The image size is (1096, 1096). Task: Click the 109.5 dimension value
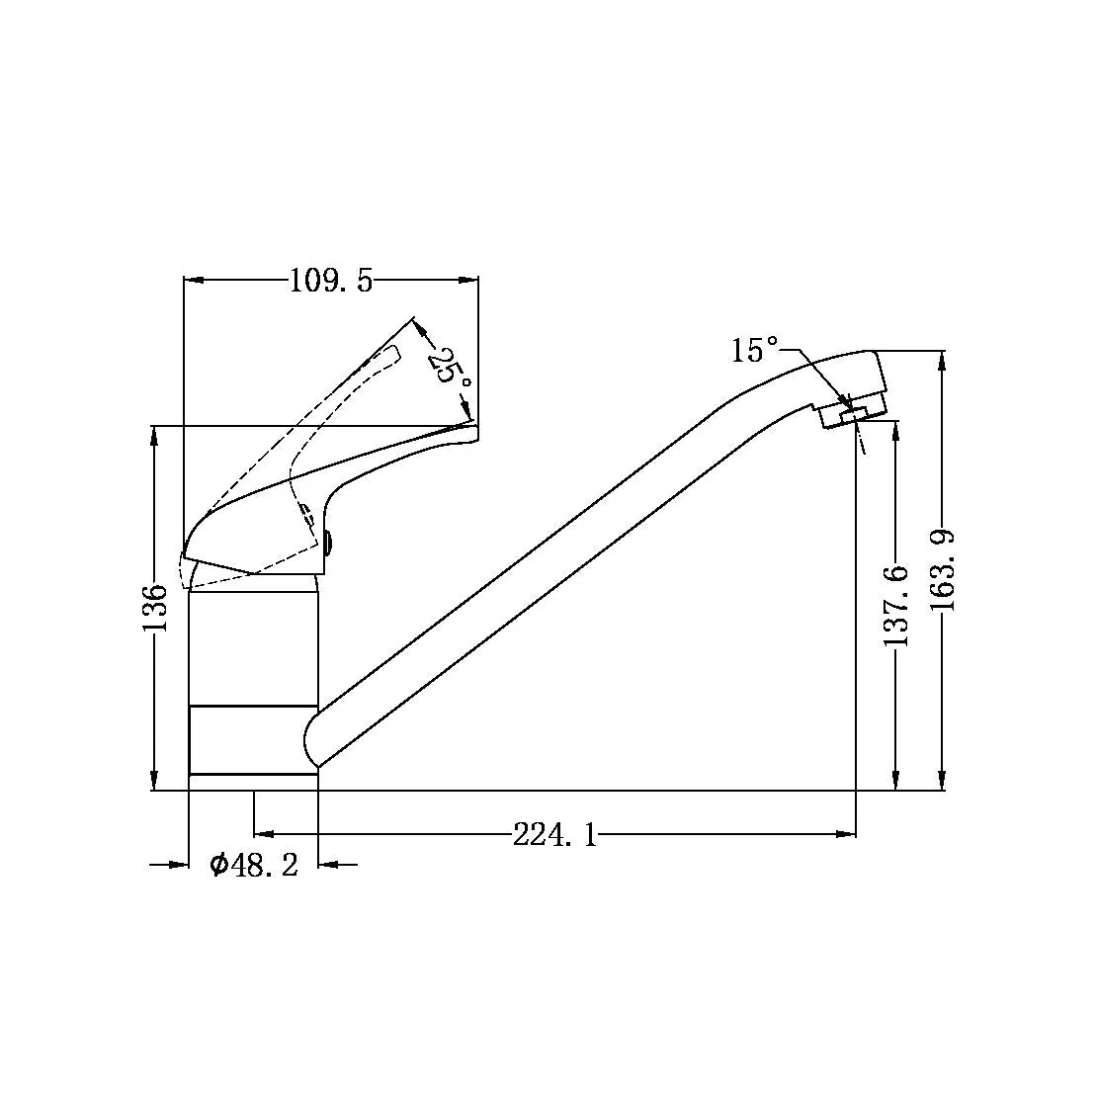pos(331,281)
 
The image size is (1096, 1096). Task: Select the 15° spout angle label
pos(755,350)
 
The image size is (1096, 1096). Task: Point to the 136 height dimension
pos(155,607)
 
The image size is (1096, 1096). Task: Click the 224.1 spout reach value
pos(555,834)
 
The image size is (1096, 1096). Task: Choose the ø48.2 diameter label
pos(254,866)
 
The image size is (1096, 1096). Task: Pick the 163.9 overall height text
pos(943,570)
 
